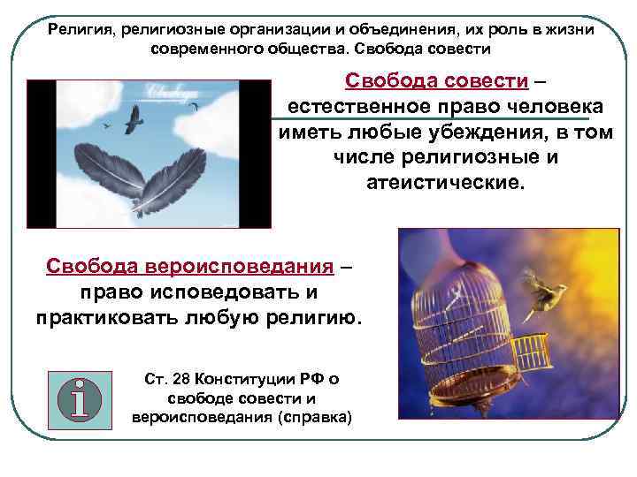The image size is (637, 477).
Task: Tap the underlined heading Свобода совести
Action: click(438, 82)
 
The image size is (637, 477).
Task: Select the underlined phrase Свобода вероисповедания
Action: click(190, 266)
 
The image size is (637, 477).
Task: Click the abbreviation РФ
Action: click(306, 379)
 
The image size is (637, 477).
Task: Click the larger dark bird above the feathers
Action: click(134, 121)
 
